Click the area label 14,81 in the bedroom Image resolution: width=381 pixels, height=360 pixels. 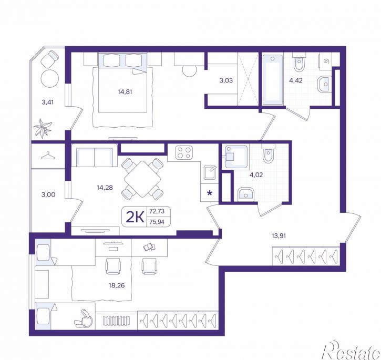click(x=125, y=92)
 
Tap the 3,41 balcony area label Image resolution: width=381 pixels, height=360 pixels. click(x=47, y=102)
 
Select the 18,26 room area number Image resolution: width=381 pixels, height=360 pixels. click(x=117, y=285)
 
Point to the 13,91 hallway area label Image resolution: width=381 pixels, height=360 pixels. click(x=279, y=235)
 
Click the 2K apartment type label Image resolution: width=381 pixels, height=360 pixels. click(x=135, y=217)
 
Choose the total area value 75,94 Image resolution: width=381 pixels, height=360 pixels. click(x=157, y=222)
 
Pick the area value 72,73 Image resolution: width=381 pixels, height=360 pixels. click(x=157, y=211)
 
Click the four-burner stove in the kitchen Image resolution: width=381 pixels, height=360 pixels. click(x=184, y=152)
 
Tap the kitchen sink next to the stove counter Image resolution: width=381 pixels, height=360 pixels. click(x=210, y=172)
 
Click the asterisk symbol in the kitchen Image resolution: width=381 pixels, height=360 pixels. click(x=210, y=193)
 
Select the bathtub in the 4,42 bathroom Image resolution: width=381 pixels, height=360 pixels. click(x=272, y=80)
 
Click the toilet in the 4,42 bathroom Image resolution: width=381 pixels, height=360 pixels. click(x=298, y=62)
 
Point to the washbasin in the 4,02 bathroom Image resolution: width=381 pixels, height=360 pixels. click(x=245, y=194)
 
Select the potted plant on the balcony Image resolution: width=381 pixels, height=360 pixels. click(x=43, y=128)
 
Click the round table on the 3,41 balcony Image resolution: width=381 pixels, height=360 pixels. click(x=50, y=78)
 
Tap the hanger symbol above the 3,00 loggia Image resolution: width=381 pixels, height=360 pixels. click(x=48, y=156)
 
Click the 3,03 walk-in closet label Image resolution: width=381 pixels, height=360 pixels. click(x=226, y=80)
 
